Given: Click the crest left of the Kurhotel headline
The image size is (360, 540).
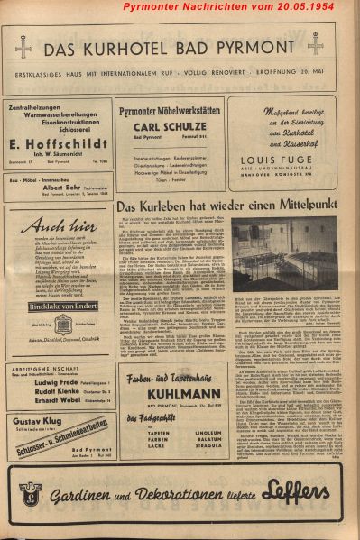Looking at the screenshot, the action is pos(24,46).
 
